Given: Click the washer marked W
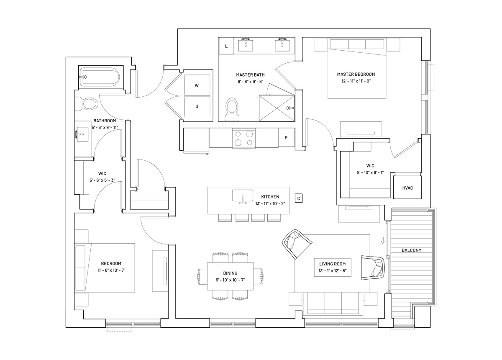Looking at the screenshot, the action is tap(197, 85).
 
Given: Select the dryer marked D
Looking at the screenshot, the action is tap(197, 107).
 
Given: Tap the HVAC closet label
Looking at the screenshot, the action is tap(407, 188).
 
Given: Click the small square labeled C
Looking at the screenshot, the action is tap(299, 198).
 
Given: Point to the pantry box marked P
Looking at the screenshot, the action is tap(286, 138).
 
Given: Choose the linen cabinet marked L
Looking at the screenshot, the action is tap(226, 46).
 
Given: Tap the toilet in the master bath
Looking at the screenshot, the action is tap(232, 109).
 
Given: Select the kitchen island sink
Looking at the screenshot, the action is tap(243, 195).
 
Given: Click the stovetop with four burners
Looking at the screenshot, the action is tap(243, 138).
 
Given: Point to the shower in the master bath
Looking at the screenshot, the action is tap(277, 108).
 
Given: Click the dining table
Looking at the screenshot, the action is tap(230, 276).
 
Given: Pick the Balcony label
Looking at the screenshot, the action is tap(411, 250).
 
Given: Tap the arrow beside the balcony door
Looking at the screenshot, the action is tap(382, 240).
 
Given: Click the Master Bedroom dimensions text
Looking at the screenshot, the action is tap(356, 81).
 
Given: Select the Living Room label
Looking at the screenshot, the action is tap(332, 264).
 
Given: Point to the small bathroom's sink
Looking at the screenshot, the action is tap(82, 134).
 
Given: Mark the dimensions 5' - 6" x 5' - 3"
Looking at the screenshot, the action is tap(102, 180).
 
